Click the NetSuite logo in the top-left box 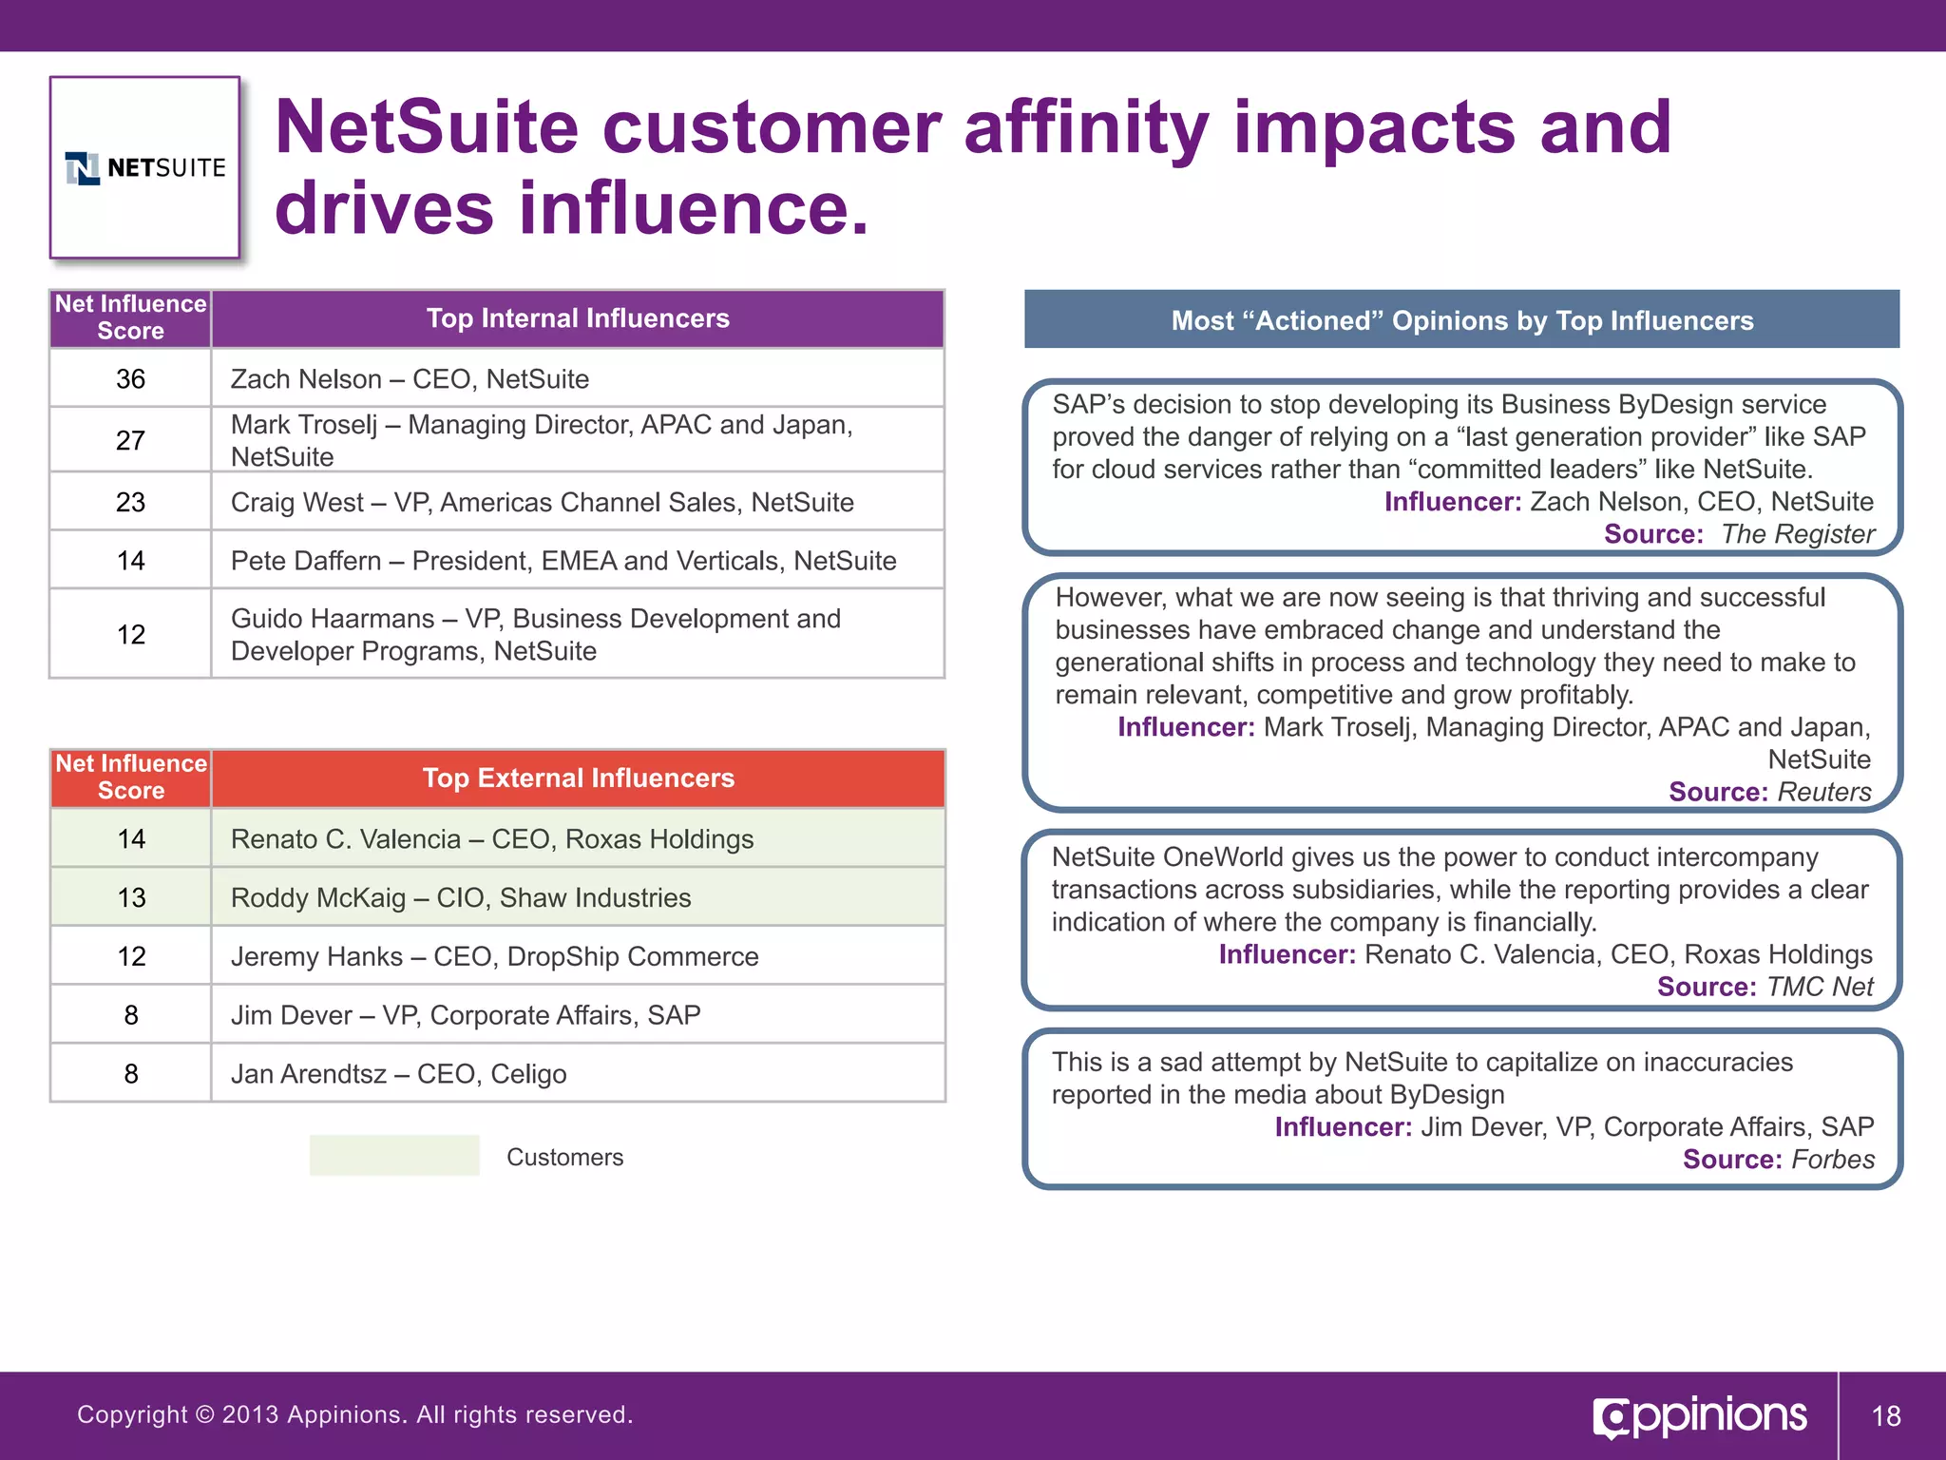pyautogui.click(x=145, y=168)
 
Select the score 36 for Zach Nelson pyautogui.click(x=130, y=379)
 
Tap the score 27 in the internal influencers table pyautogui.click(x=130, y=440)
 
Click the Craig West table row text pyautogui.click(x=542, y=502)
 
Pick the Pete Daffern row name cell pyautogui.click(x=563, y=561)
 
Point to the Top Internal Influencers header pyautogui.click(x=577, y=318)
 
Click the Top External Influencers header pyautogui.click(x=578, y=778)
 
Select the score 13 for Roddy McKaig pyautogui.click(x=131, y=897)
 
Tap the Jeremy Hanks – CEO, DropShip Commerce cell pyautogui.click(x=494, y=956)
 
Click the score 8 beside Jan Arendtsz pyautogui.click(x=131, y=1074)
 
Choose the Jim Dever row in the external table pyautogui.click(x=465, y=1015)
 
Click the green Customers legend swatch pyautogui.click(x=394, y=1156)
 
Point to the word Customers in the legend pyautogui.click(x=564, y=1157)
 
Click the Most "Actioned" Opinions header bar pyautogui.click(x=1461, y=320)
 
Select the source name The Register pyautogui.click(x=1798, y=534)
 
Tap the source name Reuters pyautogui.click(x=1823, y=792)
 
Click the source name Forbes pyautogui.click(x=1832, y=1160)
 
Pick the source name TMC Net pyautogui.click(x=1820, y=987)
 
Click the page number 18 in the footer pyautogui.click(x=1885, y=1416)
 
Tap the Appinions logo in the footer pyautogui.click(x=1700, y=1416)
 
